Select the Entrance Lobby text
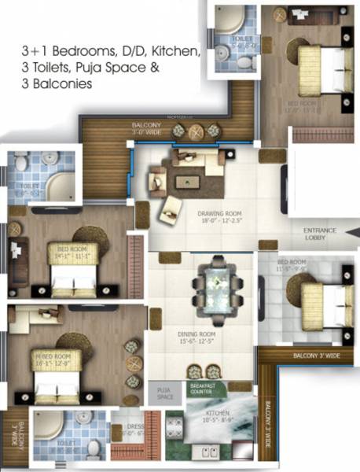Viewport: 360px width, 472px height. [321, 234]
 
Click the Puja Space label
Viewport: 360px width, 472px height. [163, 393]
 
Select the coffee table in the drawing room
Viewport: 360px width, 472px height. [187, 180]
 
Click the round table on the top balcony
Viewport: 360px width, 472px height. [195, 131]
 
